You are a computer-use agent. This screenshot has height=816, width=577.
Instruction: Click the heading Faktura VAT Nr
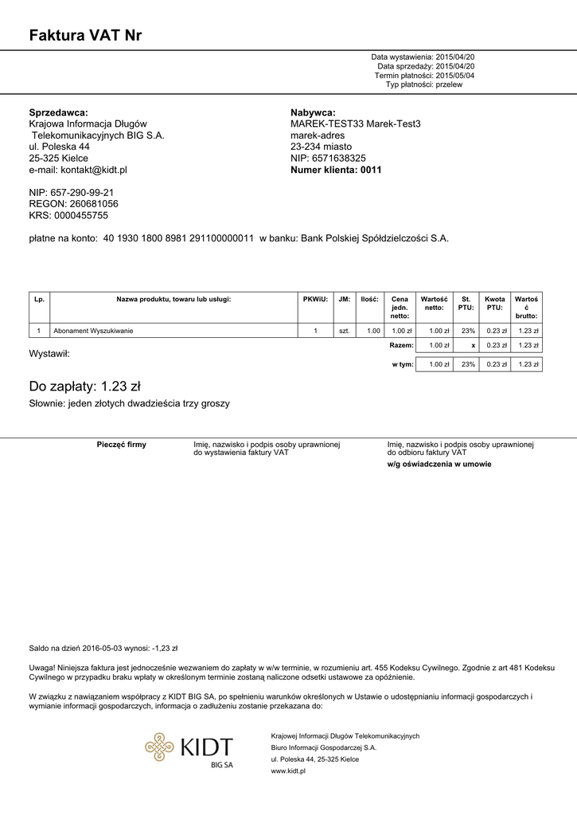85,35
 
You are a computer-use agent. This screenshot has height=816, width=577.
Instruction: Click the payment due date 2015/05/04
455,76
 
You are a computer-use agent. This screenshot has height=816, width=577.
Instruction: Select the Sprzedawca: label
58,113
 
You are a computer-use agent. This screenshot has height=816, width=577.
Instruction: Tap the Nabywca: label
313,113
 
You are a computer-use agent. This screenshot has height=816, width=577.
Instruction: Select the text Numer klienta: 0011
336,170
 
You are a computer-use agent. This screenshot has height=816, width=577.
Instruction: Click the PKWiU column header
315,300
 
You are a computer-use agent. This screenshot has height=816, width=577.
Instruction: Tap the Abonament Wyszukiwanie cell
93,331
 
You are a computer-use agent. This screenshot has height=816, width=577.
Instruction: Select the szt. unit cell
344,331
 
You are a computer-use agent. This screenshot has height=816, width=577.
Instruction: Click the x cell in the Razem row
473,346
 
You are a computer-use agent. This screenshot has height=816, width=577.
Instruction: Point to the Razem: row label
401,346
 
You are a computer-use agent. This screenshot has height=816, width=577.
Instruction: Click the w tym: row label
403,364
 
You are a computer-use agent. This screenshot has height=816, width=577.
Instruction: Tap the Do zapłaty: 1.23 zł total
84,386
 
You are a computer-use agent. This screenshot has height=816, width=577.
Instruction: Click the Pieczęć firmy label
121,445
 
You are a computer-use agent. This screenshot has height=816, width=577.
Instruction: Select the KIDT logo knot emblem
159,747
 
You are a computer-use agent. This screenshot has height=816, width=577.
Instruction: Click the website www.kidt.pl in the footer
288,771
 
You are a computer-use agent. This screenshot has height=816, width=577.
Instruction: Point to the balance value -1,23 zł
165,648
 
